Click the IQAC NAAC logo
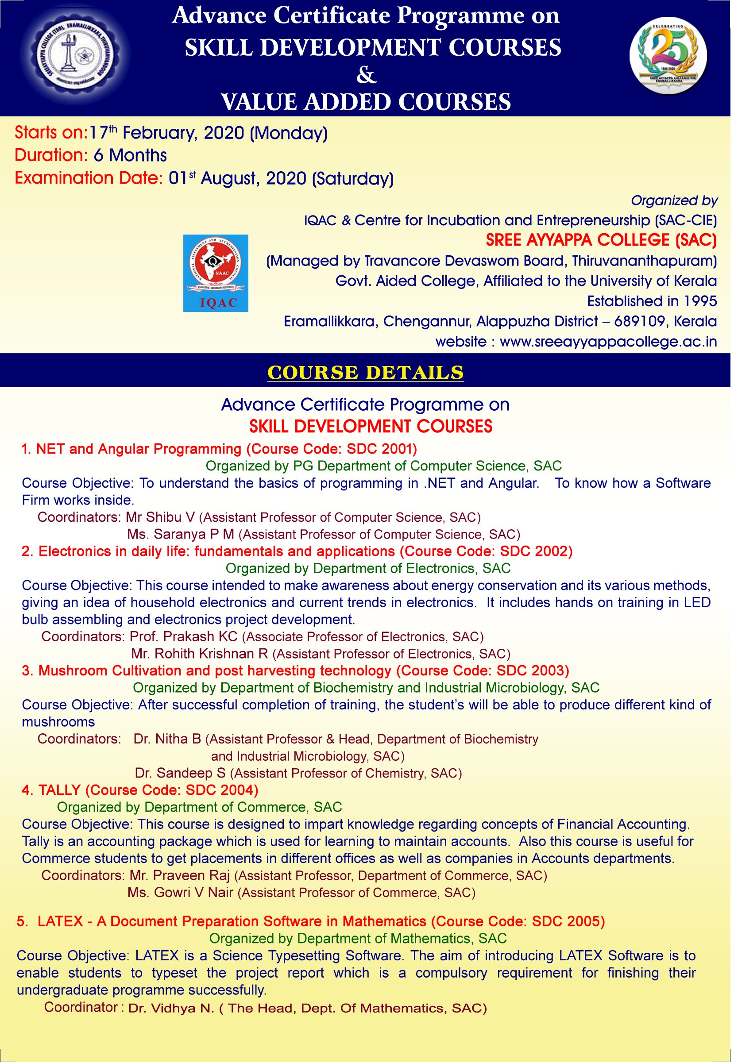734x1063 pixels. [216, 273]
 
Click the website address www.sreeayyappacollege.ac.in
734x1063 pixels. [608, 342]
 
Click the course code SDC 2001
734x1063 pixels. [381, 449]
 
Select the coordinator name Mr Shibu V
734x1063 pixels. [161, 517]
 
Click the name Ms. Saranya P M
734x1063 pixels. [181, 534]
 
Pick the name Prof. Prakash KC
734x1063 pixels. [183, 637]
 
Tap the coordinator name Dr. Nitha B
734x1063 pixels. [167, 739]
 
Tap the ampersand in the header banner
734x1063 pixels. [367, 75]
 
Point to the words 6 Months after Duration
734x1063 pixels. [130, 156]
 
